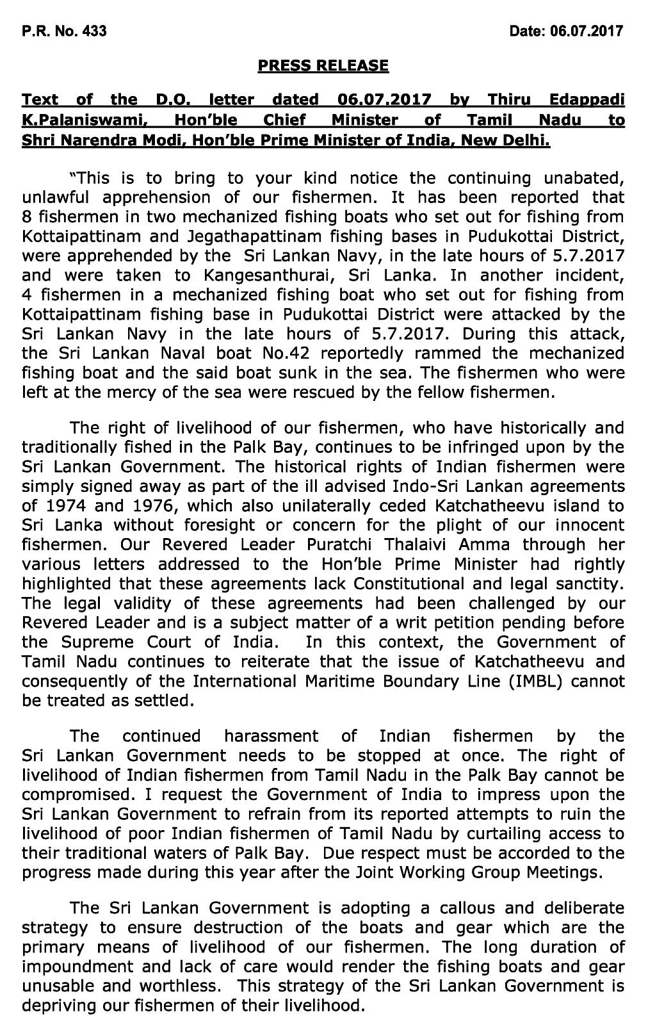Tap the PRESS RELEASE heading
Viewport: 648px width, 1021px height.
(323, 65)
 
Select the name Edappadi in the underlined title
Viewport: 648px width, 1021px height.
(587, 100)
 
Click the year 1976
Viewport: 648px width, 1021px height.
(147, 505)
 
